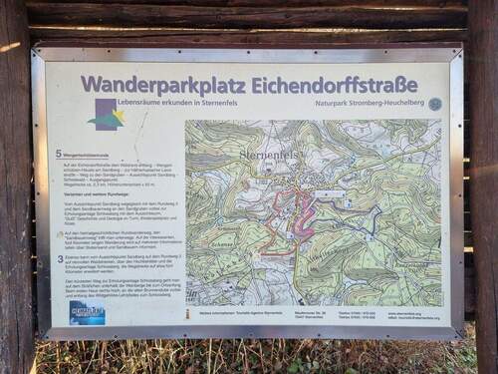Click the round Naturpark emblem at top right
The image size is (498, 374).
coord(435,104)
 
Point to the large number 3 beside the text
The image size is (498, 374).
coord(60,258)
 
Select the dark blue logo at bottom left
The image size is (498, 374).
coord(87,311)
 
